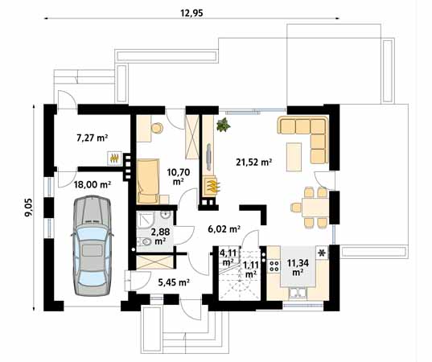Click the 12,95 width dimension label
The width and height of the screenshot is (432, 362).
pyautogui.click(x=191, y=13)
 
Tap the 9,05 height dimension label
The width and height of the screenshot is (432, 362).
pyautogui.click(x=29, y=208)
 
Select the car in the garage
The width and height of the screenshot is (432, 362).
pyautogui.click(x=92, y=245)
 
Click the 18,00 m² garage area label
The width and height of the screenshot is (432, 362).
pyautogui.click(x=93, y=184)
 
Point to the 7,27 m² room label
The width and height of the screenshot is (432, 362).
pyautogui.click(x=92, y=138)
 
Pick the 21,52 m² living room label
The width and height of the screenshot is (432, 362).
pyautogui.click(x=254, y=162)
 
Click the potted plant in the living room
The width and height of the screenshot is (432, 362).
pyautogui.click(x=224, y=125)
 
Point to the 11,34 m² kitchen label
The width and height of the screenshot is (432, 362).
pyautogui.click(x=298, y=267)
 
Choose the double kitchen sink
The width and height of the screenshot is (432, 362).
pyautogui.click(x=297, y=293)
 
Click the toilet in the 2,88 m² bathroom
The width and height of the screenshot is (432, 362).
pyautogui.click(x=144, y=241)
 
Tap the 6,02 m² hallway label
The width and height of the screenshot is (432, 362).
pyautogui.click(x=224, y=228)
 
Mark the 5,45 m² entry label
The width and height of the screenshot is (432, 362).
pyautogui.click(x=173, y=282)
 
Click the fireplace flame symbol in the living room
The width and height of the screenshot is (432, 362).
pyautogui.click(x=212, y=186)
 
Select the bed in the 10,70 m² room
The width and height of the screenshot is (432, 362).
pyautogui.click(x=148, y=181)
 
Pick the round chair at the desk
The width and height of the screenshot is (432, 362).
pyautogui.click(x=157, y=128)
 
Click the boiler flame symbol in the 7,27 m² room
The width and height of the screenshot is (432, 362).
pyautogui.click(x=114, y=158)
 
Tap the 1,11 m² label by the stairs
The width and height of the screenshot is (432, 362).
pyautogui.click(x=251, y=270)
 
